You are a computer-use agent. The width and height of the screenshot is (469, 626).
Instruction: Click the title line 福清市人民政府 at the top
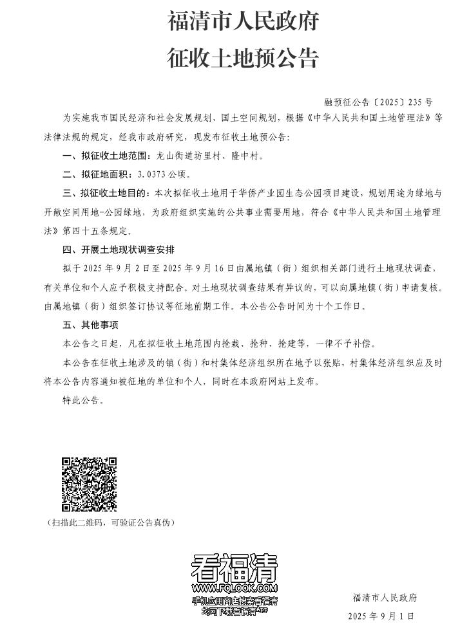(243, 23)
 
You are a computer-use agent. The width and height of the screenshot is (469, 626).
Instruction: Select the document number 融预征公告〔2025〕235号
(379, 102)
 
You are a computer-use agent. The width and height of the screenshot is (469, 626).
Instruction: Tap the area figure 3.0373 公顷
(160, 174)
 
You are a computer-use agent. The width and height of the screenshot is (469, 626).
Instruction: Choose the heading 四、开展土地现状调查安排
(119, 248)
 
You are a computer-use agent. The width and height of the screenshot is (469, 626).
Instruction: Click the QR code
(89, 484)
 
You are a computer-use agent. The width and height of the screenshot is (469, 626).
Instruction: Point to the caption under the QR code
(111, 522)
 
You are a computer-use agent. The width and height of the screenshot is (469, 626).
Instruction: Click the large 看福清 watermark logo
(235, 567)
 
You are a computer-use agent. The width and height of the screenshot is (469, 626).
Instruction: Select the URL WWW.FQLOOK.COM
(235, 588)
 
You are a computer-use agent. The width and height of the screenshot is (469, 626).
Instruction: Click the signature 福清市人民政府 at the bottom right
(385, 598)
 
